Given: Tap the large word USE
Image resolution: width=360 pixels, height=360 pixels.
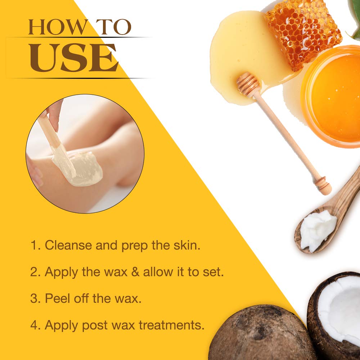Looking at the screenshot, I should tap(73, 58).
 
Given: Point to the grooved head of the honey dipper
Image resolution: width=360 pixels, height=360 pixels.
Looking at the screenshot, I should tap(248, 85).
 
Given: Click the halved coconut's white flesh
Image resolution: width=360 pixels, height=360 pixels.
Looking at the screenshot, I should tap(340, 310).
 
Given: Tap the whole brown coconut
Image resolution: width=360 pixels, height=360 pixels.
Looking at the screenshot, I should tap(259, 335).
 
